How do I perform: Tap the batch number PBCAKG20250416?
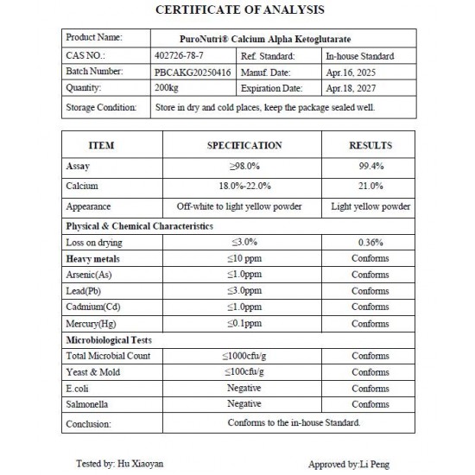[192, 72]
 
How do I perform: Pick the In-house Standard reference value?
[361, 55]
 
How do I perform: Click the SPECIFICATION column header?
[244, 145]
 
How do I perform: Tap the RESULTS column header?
[370, 145]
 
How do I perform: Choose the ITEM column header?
[101, 145]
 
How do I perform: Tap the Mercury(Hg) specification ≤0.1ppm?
[244, 324]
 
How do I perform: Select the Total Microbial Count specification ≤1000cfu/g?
[244, 356]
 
